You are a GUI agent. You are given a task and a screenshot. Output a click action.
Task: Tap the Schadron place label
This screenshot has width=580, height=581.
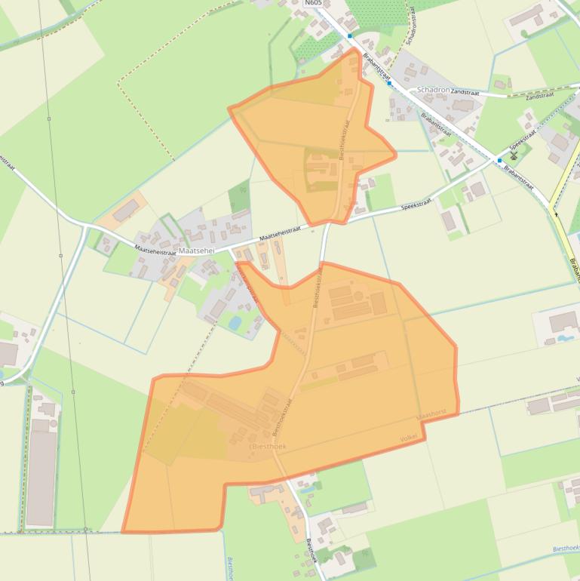coord(433,89)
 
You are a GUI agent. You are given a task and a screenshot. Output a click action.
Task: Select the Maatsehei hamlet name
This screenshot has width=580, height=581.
coord(198,251)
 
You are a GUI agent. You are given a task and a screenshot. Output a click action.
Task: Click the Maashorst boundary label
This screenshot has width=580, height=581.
coord(431,416)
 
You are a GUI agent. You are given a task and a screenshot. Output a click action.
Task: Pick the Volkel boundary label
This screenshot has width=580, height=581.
coord(408,438)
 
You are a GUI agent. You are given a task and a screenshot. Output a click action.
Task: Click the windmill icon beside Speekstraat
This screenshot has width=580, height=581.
coord(514,155)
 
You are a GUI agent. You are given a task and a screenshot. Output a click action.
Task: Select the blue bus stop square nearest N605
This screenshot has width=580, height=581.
coord(350,35)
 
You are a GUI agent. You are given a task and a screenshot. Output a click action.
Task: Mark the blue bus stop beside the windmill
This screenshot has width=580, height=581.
coord(499,161)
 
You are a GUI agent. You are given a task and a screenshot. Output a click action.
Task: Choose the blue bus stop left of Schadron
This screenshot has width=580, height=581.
coord(389,83)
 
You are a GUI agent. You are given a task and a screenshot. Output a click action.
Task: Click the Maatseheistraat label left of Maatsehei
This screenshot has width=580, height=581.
coord(155,249)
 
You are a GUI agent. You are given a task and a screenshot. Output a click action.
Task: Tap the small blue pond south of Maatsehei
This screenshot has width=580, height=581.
coord(235,324)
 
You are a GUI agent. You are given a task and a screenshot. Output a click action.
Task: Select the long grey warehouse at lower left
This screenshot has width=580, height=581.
coord(41,478)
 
